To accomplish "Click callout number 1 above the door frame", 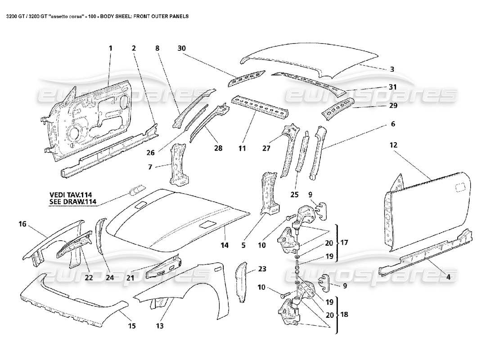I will (110, 48).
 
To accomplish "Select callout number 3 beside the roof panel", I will (391, 69).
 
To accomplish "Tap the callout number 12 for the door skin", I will (393, 145).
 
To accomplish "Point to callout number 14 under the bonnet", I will (225, 245).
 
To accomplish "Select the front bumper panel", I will (72, 297).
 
